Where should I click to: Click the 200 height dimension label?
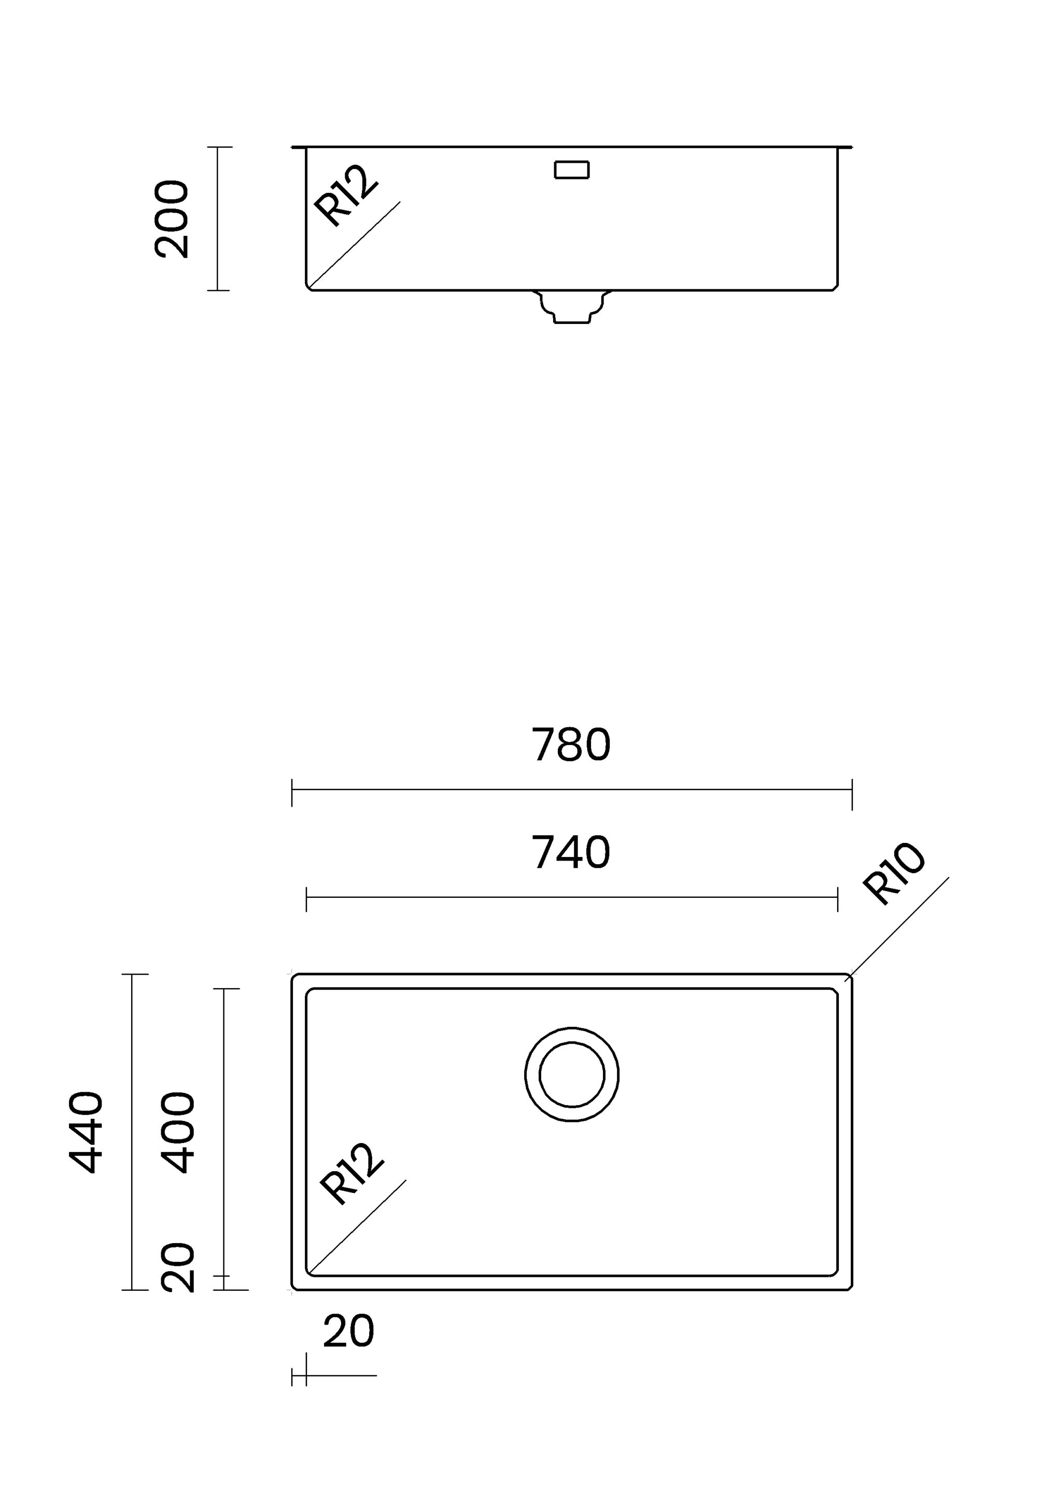[172, 219]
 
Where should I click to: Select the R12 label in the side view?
[345, 196]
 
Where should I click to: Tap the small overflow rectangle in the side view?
[572, 170]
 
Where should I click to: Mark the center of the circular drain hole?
[572, 1074]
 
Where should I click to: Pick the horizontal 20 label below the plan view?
[348, 1332]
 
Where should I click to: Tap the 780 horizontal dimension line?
[572, 790]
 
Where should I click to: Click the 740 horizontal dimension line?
[572, 897]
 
